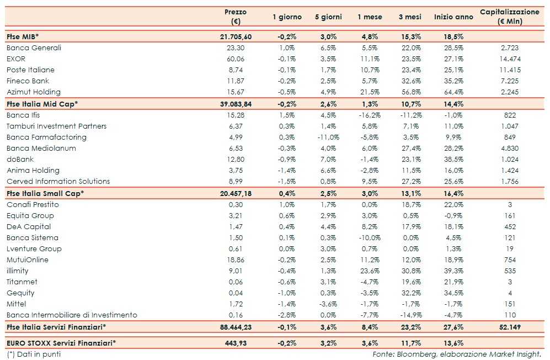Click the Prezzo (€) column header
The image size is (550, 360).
point(236,17)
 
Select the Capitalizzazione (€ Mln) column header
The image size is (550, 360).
point(509,17)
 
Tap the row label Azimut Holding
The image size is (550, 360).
point(34,92)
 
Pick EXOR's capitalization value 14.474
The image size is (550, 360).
point(509,59)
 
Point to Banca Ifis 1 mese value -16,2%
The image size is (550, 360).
point(369,115)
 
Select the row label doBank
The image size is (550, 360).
point(20,159)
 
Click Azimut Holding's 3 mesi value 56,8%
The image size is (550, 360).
point(410,92)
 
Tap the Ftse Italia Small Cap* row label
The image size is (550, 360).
point(45,193)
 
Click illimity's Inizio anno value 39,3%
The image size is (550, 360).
point(453,271)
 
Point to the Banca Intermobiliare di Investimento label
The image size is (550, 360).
point(72,315)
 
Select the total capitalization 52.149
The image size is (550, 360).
point(509,327)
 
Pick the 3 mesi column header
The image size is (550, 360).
point(410,17)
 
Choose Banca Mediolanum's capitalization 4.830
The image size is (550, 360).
point(509,148)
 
